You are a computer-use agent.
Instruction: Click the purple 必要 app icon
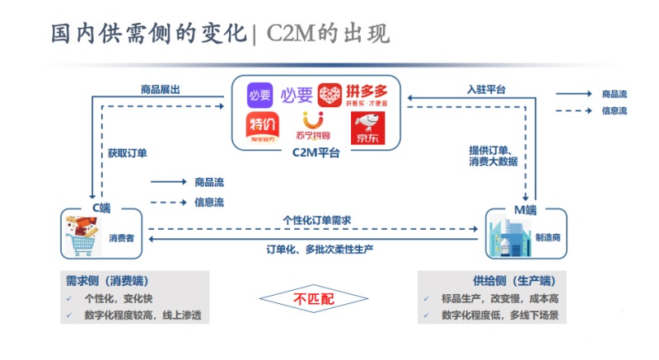coord(259,96)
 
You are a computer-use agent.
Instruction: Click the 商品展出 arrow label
coord(160,88)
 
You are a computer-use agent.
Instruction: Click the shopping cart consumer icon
coord(83,234)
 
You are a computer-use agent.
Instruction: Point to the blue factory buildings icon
coord(505,236)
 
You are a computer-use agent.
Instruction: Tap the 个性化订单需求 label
coord(317,220)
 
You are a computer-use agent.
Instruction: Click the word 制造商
coord(548,237)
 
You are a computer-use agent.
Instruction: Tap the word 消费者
coord(121,238)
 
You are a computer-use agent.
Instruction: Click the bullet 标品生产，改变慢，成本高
coord(503,297)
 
